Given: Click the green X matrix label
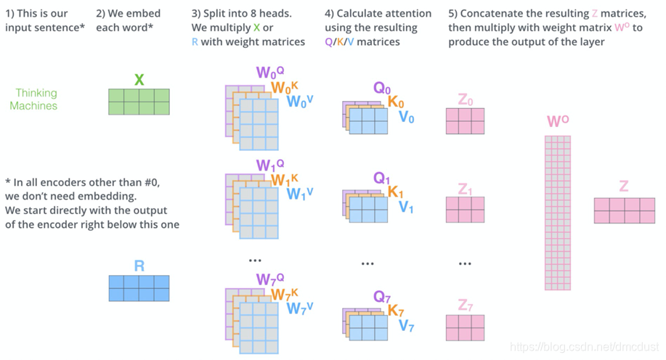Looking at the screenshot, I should pyautogui.click(x=139, y=79).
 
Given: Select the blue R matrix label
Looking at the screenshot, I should pyautogui.click(x=139, y=266).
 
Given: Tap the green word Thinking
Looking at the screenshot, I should pyautogui.click(x=36, y=93).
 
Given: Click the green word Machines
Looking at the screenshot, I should pyautogui.click(x=33, y=105).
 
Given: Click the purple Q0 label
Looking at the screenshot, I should pyautogui.click(x=382, y=89).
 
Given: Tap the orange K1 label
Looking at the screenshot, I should pyautogui.click(x=395, y=192).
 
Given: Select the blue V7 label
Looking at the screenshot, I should pyautogui.click(x=406, y=325).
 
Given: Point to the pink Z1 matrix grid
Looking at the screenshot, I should pyautogui.click(x=465, y=210).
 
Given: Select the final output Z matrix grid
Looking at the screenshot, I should pyautogui.click(x=624, y=210).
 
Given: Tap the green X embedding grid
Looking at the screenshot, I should pyautogui.click(x=139, y=102).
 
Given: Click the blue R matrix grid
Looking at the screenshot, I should pyautogui.click(x=139, y=288).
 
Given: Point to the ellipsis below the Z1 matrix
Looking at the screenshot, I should pyautogui.click(x=465, y=263).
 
